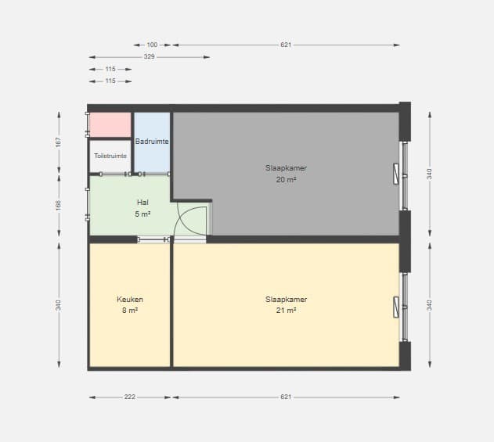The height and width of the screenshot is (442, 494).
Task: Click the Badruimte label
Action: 152,142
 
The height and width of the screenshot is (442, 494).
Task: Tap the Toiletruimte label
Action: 110,156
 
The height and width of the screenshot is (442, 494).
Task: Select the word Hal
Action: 142,203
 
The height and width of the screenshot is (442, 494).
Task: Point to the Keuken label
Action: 130,299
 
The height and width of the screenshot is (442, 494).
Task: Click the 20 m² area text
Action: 286,179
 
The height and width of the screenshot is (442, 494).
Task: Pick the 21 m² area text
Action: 286,311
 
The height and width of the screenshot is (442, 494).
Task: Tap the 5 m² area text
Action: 142,214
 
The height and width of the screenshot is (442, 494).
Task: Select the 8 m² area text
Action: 130,311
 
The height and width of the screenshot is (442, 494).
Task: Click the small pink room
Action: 110,124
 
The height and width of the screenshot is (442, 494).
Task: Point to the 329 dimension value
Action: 149,56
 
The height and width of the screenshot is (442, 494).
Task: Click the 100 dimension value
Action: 152,45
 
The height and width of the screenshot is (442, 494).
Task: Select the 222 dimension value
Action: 129,397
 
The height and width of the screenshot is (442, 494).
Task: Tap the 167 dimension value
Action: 59,142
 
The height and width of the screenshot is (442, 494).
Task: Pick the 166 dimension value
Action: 59,206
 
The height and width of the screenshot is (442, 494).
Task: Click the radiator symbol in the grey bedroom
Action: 396,174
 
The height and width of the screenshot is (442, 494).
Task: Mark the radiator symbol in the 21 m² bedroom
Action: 396,307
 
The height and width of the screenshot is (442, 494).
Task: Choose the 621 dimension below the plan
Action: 286,397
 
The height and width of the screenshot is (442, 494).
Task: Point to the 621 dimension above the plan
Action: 286,45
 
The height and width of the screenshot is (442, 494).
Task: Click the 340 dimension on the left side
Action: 59,305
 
